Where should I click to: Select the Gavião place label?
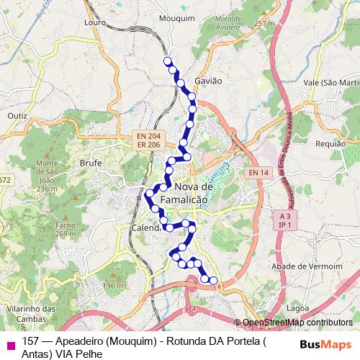click(x=208, y=81)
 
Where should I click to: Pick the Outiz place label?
click(x=17, y=115)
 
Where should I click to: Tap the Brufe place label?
click(x=91, y=163)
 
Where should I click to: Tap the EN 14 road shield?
click(x=258, y=173)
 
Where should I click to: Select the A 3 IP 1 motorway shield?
click(x=286, y=220)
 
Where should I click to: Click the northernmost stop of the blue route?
click(x=167, y=60)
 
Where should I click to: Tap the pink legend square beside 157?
click(x=10, y=344)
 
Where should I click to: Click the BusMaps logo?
click(x=325, y=344)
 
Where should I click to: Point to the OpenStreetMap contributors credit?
click(x=293, y=323)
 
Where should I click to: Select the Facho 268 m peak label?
click(x=65, y=229)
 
